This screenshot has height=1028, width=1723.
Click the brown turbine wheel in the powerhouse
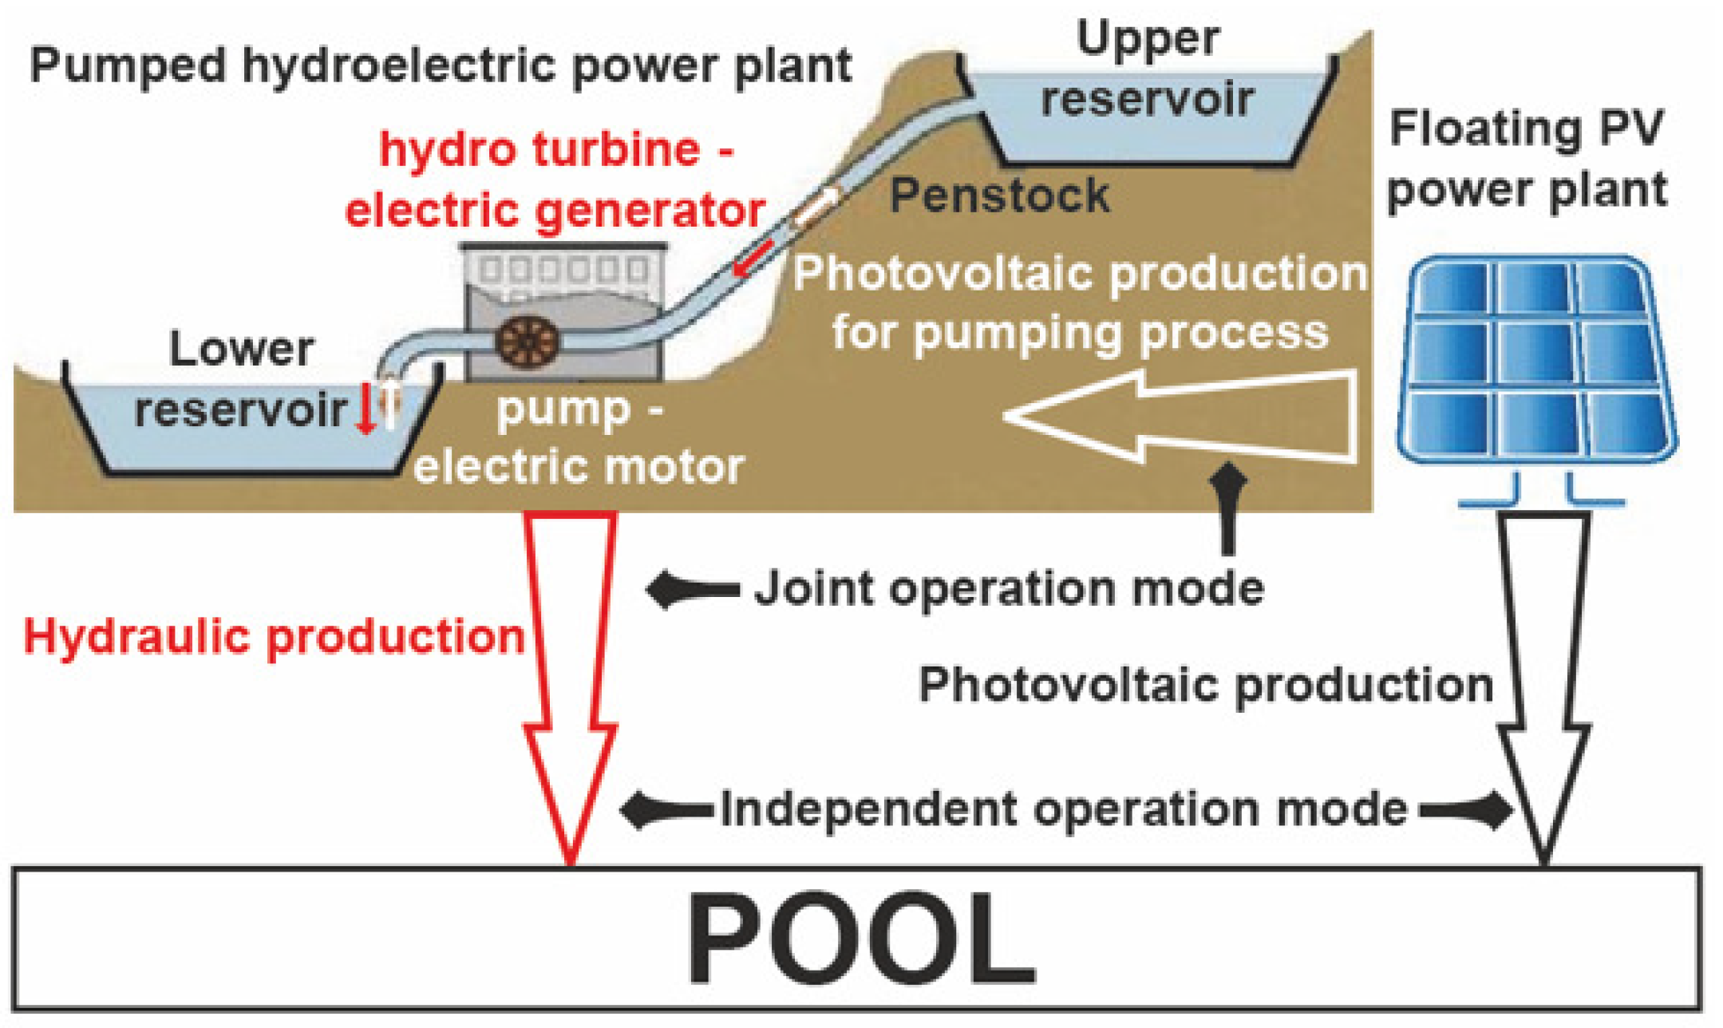(x=527, y=342)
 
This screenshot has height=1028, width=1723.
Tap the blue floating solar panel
(x=1535, y=359)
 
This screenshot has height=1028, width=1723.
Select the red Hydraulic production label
(x=274, y=639)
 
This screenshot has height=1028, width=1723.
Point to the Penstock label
(x=999, y=196)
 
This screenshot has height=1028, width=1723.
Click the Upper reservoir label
(x=1148, y=69)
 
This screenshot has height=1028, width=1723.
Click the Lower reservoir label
(x=239, y=380)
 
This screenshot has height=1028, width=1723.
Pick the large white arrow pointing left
(x=1181, y=416)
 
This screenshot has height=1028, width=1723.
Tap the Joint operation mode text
(x=1009, y=590)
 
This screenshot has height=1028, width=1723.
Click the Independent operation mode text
(x=1064, y=810)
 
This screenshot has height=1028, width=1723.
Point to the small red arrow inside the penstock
(x=753, y=259)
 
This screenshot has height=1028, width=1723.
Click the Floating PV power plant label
(x=1527, y=160)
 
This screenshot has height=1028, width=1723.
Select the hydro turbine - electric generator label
(x=555, y=180)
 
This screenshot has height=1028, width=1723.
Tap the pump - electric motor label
(x=579, y=439)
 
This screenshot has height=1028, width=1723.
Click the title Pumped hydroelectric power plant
(x=441, y=66)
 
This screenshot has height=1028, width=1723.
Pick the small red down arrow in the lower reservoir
(x=366, y=409)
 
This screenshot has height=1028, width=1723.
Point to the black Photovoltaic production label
(x=1205, y=686)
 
